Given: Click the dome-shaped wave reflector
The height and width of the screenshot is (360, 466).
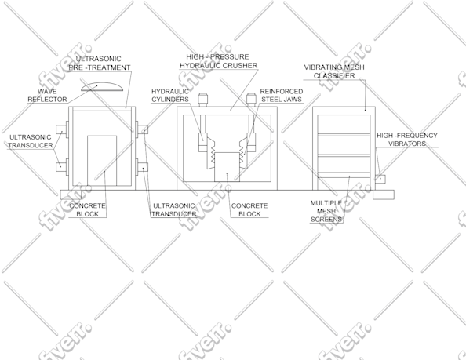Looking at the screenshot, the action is coord(102,87).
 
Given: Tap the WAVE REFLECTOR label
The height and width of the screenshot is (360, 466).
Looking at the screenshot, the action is coord(47,96).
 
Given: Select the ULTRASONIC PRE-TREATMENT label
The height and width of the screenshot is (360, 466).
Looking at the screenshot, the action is coord(100,64).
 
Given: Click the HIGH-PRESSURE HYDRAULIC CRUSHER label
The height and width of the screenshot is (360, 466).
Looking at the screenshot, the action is coord(218,61).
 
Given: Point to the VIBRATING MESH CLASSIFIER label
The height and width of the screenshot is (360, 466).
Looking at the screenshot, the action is coord(334,71).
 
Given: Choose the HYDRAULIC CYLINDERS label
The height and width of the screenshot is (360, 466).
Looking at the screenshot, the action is coord(170,96).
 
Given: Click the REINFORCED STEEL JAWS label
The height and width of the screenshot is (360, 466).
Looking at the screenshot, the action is coord(282,96).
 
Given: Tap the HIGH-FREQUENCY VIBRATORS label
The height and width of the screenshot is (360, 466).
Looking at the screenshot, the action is coord(407,140).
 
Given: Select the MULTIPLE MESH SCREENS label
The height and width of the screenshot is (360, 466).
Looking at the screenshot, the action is coord(326,211).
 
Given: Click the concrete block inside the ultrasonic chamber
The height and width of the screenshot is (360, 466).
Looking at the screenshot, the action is coord(102,161).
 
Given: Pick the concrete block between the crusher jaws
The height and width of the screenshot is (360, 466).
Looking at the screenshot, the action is coord(227,167).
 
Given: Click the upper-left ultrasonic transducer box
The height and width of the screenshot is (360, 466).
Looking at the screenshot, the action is coord(61,129).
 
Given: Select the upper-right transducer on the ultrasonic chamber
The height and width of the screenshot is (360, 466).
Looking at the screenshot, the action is coord(143,129).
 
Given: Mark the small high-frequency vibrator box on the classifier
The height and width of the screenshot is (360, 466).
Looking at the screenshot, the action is coord(380,179).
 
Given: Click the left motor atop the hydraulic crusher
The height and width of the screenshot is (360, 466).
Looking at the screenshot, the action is coord(202,100).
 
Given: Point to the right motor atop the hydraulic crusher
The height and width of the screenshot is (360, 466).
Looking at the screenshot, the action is coord(251,100).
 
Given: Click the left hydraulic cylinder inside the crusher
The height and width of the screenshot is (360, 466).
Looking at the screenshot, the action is coord(202,142).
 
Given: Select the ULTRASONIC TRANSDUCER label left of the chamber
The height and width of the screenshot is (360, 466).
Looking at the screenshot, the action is coord(31,141).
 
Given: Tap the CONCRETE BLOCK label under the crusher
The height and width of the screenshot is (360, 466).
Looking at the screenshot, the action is coord(249,209).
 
